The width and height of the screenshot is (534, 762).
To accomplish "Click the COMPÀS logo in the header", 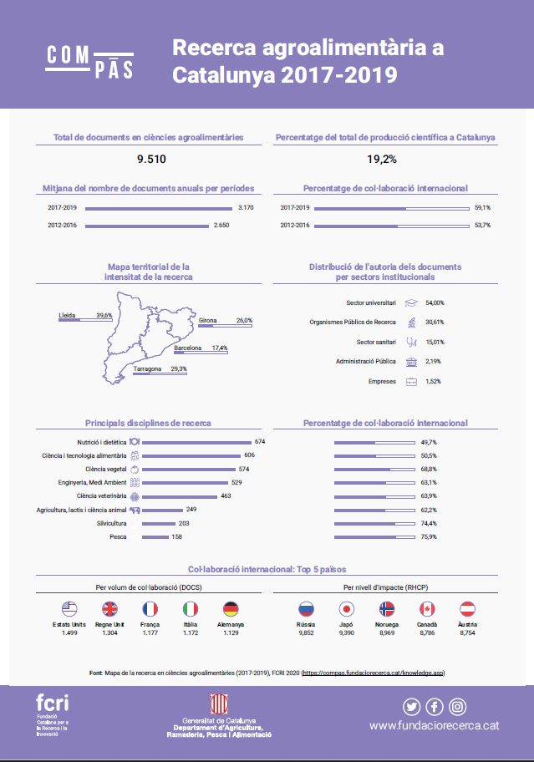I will pos(89,62).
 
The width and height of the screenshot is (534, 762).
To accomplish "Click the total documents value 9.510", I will pos(150,159).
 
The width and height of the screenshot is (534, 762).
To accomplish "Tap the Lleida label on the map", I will pos(67,315).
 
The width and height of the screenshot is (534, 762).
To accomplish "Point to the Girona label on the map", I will pos(208,320).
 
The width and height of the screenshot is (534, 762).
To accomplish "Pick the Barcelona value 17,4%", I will pos(220,348).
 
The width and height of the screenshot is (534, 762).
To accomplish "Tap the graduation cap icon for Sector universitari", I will pos(411,302).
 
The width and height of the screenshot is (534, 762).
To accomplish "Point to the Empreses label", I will pos(382,381).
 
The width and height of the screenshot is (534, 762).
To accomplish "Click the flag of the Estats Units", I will pos(69,609).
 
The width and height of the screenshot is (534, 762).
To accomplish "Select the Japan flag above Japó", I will pos(346,609).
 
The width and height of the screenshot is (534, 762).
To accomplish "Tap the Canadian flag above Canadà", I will pos(427,609).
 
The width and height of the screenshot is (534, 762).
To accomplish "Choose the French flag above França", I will pos(150,609).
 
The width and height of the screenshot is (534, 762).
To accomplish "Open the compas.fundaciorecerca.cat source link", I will pos(374,672).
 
